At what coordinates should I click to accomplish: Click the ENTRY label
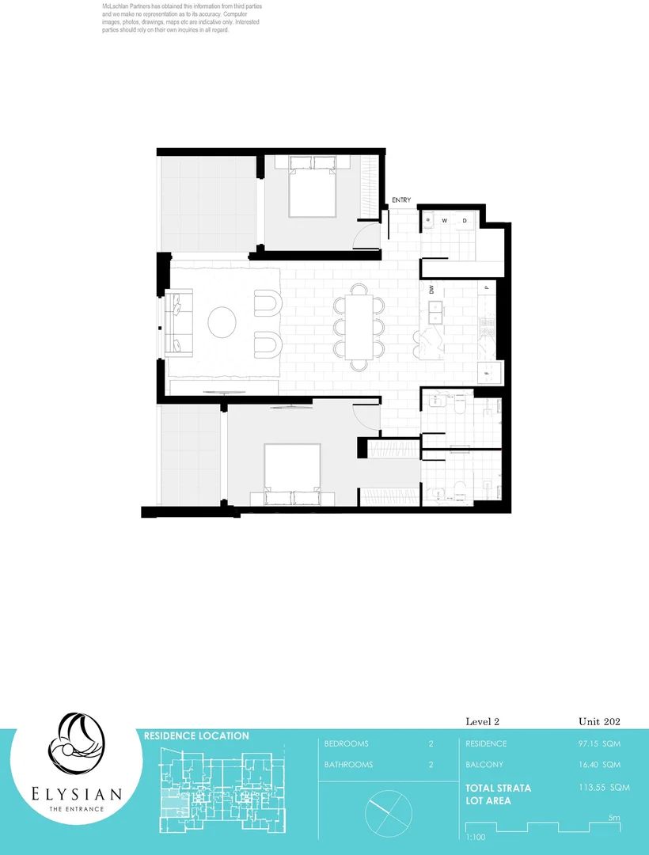(401, 201)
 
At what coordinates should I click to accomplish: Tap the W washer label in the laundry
(445, 220)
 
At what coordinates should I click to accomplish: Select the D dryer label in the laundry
(465, 220)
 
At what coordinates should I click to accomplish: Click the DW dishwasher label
(432, 290)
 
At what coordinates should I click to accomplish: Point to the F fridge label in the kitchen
(486, 370)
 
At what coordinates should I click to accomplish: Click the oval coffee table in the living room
(222, 322)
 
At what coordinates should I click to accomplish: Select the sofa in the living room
(177, 323)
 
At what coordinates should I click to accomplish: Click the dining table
(358, 323)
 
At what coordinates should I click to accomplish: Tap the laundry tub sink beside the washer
(427, 221)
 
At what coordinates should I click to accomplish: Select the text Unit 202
(599, 721)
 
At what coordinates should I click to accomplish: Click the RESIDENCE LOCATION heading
(196, 735)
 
